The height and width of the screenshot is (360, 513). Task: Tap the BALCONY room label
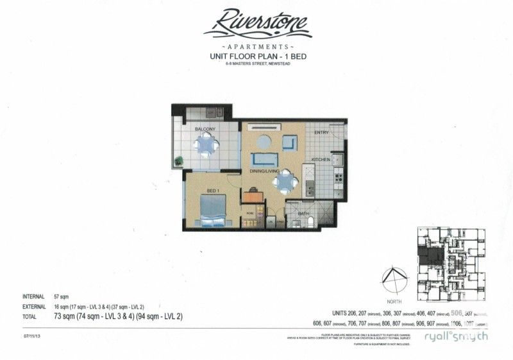click(x=205, y=130)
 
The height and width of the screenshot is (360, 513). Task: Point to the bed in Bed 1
click(x=214, y=209)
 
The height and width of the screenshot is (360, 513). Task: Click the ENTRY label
click(x=321, y=133)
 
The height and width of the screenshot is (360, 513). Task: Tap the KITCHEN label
click(x=321, y=159)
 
